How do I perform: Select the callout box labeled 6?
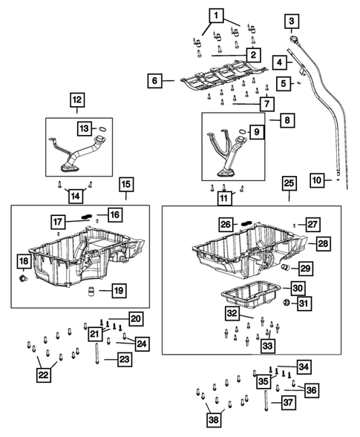(x=154, y=80)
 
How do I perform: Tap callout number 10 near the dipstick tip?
(x=317, y=180)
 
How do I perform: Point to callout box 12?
(x=77, y=99)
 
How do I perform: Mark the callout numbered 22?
(x=43, y=375)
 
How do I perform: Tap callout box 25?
(x=289, y=183)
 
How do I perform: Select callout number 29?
(x=305, y=268)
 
